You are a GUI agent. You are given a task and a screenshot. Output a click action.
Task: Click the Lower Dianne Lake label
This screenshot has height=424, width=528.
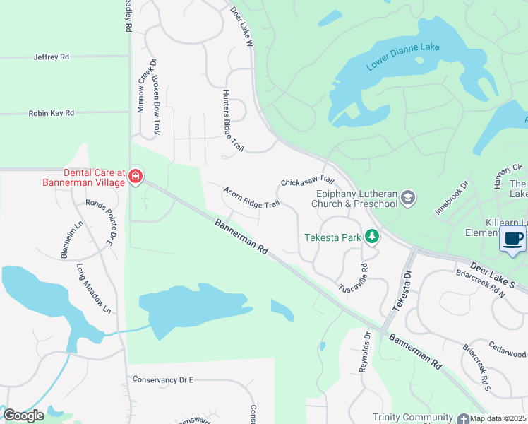click(x=403, y=57)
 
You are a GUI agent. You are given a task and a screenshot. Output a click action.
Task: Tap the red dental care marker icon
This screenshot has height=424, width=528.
click(x=135, y=177)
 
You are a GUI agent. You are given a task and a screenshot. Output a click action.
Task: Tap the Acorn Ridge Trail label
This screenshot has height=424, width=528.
click(x=251, y=197)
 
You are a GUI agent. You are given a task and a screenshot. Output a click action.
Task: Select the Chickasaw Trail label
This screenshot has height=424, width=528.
click(x=307, y=182)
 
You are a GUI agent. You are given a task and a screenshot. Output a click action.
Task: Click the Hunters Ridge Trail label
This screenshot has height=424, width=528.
click(x=232, y=121)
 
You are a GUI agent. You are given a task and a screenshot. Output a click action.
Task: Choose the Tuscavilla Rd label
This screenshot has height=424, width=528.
click(x=354, y=280)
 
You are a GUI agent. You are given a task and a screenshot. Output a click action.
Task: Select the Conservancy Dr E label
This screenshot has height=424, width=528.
click(x=162, y=379)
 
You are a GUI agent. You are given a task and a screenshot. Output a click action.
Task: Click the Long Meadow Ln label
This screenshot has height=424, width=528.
click(x=95, y=288)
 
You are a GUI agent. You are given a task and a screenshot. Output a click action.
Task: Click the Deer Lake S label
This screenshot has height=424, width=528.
click(x=494, y=274)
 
